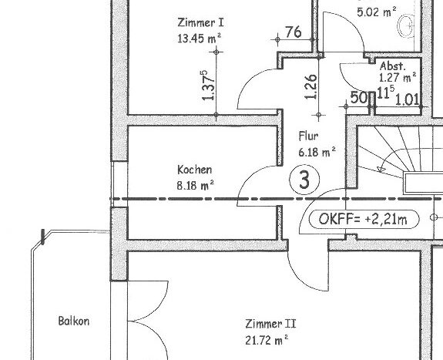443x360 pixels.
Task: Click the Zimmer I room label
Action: [x=200, y=22]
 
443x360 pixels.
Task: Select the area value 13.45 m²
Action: [x=200, y=39]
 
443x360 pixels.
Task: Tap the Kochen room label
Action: [x=195, y=170]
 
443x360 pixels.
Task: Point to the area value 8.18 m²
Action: [x=195, y=185]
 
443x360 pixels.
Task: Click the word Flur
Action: [x=308, y=136]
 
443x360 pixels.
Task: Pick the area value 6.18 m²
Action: [x=317, y=152]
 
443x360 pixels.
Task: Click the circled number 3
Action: [x=304, y=180]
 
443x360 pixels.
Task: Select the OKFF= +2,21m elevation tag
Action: [x=364, y=219]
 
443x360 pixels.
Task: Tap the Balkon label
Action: [x=74, y=321]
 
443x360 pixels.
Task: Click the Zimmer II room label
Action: [x=270, y=324]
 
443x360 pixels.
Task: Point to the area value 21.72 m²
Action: [x=267, y=340]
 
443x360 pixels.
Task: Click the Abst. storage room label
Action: [x=393, y=66]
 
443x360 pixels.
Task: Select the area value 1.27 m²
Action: [x=398, y=77]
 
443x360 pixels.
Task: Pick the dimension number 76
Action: [x=294, y=32]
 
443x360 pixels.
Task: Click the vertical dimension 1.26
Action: [x=310, y=86]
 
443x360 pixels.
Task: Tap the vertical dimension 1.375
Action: [x=209, y=86]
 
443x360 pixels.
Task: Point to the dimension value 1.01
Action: [x=407, y=99]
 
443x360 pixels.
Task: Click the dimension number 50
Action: [x=359, y=98]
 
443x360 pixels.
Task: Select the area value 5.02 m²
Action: [x=377, y=12]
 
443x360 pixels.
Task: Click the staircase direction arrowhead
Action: [x=381, y=169]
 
